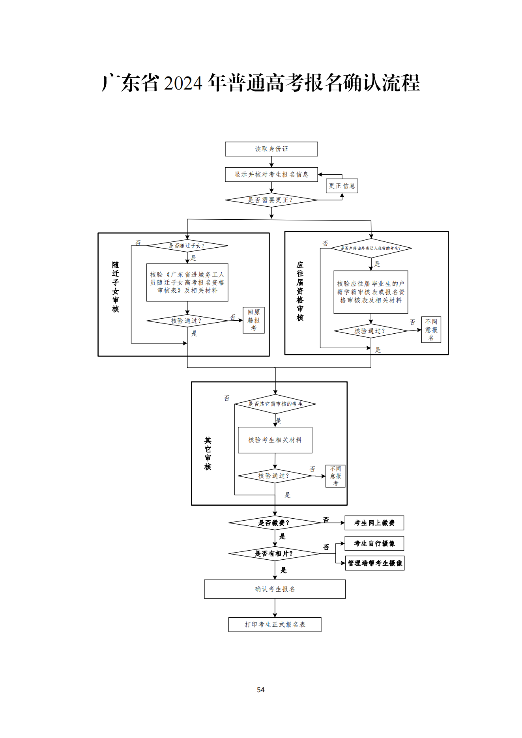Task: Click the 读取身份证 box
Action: click(x=271, y=149)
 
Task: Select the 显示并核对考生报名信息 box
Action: click(x=271, y=174)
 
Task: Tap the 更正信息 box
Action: click(x=342, y=186)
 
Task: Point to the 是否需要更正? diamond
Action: click(x=271, y=200)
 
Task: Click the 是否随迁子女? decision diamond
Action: click(x=187, y=246)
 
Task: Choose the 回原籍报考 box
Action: click(x=253, y=320)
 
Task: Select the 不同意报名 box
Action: click(x=431, y=330)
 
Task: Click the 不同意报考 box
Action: click(x=335, y=476)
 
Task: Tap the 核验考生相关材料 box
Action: click(x=275, y=440)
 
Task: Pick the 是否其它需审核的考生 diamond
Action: click(x=275, y=404)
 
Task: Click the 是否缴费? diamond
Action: click(x=275, y=523)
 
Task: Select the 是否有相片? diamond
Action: click(x=275, y=554)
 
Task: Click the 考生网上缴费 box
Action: click(x=374, y=523)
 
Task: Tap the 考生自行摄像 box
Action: click(x=374, y=544)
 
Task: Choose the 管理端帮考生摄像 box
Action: click(x=374, y=563)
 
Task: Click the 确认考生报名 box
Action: click(x=275, y=589)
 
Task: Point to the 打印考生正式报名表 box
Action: click(x=275, y=625)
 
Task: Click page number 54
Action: click(x=261, y=690)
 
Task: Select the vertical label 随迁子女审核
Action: click(x=115, y=287)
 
